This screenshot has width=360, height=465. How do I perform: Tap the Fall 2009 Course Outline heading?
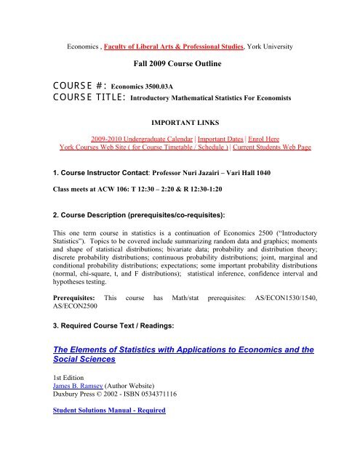tap(180, 65)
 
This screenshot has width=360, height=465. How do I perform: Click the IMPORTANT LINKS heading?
tap(180, 134)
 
